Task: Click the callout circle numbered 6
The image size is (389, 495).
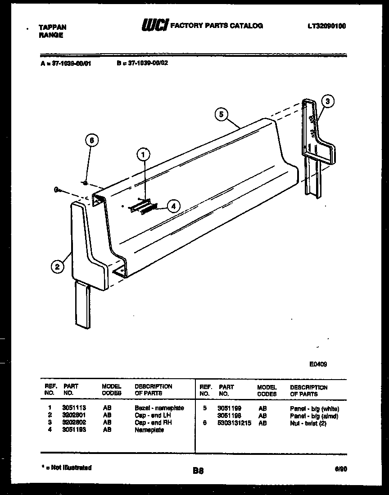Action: pos(91,140)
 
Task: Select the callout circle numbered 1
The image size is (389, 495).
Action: pos(143,155)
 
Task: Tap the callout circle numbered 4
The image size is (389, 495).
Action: pos(173,206)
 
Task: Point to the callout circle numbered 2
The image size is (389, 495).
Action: pos(57,267)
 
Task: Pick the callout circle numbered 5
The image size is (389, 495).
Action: pos(221,115)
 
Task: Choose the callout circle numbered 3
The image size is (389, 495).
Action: pos(328,101)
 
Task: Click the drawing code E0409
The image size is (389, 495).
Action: pos(318,365)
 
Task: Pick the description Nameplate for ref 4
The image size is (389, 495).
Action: pos(149,430)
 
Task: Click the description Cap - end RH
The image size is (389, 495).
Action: pos(153,422)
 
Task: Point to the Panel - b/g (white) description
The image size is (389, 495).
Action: pos(314,408)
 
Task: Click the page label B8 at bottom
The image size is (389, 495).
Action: pos(198,471)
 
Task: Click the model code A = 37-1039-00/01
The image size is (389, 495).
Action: pos(65,64)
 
